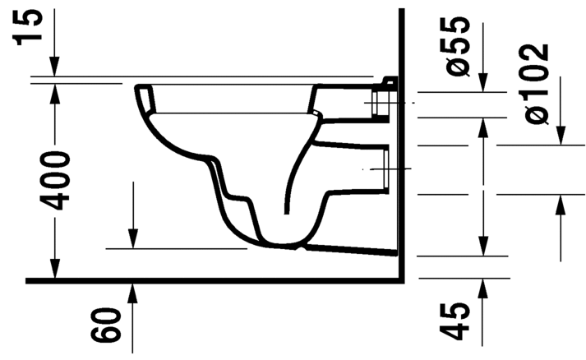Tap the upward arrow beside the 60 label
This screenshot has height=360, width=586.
(132, 292)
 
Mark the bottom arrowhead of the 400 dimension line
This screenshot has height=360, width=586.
(55, 270)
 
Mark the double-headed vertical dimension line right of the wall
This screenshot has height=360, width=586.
(482, 185)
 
